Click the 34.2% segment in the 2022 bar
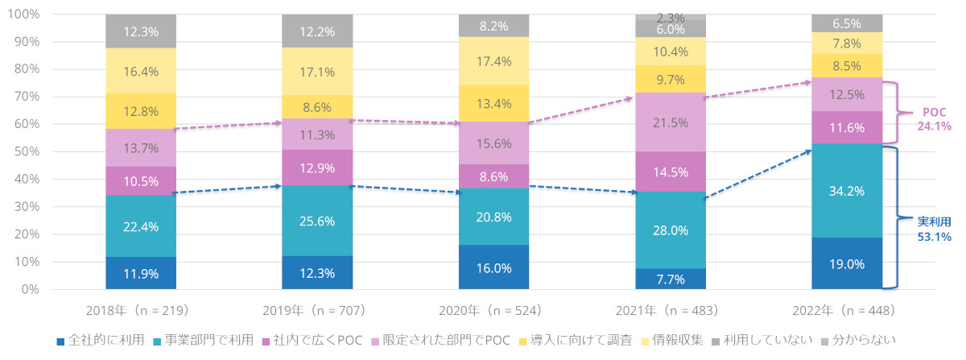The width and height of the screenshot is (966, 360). [846, 191]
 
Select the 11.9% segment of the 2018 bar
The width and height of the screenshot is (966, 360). [141, 273]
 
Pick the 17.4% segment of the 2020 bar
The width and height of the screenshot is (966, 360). [493, 60]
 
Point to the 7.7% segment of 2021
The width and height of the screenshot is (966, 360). [670, 279]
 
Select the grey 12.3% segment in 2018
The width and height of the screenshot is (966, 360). [141, 31]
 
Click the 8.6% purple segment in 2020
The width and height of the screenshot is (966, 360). [493, 176]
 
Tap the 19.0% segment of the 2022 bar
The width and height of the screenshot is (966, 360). [846, 263]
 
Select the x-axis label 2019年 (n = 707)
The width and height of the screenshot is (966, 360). [316, 310]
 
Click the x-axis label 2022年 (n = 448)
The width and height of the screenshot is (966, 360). [846, 310]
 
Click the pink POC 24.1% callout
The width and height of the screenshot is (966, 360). [934, 119]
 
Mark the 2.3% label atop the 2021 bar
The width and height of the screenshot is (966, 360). [670, 17]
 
